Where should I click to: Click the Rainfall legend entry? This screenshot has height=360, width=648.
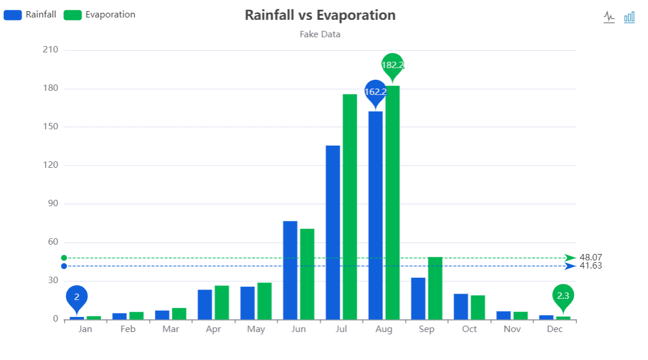click(x=30, y=15)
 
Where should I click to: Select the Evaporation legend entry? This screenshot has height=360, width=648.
click(x=100, y=15)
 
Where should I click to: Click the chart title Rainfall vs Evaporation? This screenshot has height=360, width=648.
click(x=320, y=15)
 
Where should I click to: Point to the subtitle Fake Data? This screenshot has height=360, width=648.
click(x=320, y=34)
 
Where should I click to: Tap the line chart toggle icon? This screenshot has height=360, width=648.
click(x=609, y=17)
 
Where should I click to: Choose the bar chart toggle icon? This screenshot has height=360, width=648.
click(x=629, y=17)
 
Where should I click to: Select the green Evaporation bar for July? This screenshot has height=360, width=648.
click(x=350, y=207)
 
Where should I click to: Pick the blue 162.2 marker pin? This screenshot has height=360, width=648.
click(x=375, y=91)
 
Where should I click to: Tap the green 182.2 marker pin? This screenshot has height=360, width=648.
click(x=392, y=65)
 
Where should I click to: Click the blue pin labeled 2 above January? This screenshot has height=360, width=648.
click(x=76, y=297)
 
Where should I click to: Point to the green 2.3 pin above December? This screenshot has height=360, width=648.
click(x=563, y=296)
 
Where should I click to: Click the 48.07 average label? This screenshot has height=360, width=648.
click(x=591, y=257)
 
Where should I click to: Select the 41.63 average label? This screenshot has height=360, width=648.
click(x=591, y=266)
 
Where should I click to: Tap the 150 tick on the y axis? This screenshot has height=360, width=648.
click(x=51, y=127)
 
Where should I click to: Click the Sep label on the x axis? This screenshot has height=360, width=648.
click(x=427, y=329)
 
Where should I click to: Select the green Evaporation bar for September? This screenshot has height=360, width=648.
click(x=435, y=288)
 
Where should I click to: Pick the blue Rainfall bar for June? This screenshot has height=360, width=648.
click(x=290, y=270)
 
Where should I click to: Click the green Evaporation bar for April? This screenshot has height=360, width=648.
click(x=221, y=302)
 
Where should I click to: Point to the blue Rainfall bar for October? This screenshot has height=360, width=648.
click(x=461, y=306)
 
